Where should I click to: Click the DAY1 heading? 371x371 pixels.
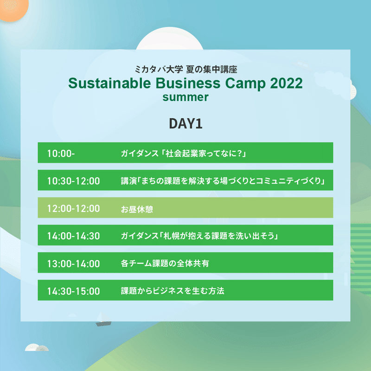185,123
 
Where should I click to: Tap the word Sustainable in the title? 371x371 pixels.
109,83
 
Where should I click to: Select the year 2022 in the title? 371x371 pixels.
286,83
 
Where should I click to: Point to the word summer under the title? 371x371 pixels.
185,97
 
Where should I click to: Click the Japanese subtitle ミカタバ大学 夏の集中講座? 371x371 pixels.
186,69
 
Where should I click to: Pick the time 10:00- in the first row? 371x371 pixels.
61,154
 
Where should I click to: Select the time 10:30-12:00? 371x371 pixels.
74,181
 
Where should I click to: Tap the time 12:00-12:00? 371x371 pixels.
74,208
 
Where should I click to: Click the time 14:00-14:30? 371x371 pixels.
74,236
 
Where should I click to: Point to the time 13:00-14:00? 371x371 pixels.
74,263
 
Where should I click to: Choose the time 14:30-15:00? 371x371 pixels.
74,291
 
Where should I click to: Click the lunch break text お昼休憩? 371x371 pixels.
137,209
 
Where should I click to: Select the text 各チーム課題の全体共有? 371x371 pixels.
165,263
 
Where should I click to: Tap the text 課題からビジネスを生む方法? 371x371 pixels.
173,291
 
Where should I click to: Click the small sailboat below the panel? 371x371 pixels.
103,319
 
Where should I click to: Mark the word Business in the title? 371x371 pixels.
188,83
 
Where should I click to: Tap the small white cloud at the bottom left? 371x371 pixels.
37,347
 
